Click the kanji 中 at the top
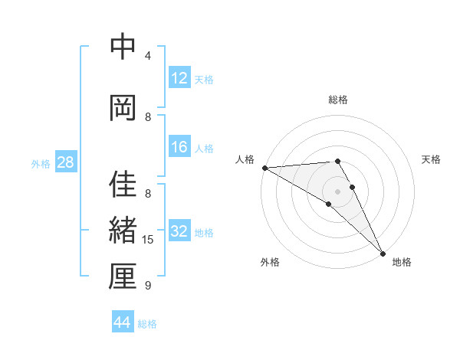[x=123, y=47]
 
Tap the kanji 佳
[x=123, y=185]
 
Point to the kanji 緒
[x=123, y=231]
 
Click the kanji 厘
[x=123, y=277]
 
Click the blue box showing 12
[x=179, y=78]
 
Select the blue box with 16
[x=179, y=147]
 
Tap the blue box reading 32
[x=179, y=231]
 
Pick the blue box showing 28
[x=65, y=162]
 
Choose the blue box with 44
[x=123, y=322]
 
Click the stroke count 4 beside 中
[x=148, y=56]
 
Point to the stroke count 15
[x=149, y=240]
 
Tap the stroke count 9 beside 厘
[x=148, y=286]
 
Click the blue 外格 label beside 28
[x=41, y=163]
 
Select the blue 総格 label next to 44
[x=147, y=324]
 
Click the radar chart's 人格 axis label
[x=245, y=159]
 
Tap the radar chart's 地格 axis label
[x=402, y=262]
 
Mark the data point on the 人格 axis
[x=264, y=168]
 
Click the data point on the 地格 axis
[x=383, y=253]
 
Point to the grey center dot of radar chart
[x=337, y=191]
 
